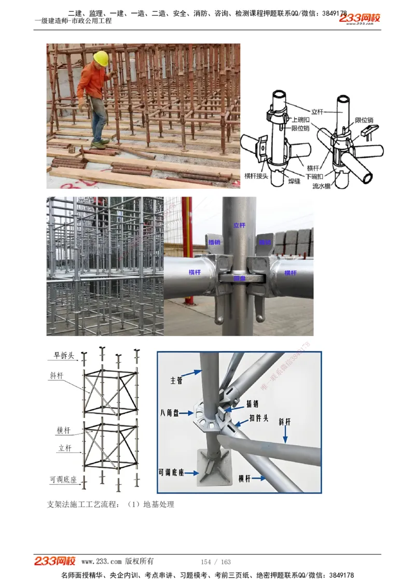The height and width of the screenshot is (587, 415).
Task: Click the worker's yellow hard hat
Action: point(101,58)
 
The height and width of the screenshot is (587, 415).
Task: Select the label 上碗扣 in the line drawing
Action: point(301,119)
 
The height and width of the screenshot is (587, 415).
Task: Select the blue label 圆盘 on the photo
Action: point(239,278)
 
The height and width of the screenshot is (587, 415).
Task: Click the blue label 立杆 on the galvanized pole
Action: point(239,226)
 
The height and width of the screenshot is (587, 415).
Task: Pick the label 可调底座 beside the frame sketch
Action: point(63,480)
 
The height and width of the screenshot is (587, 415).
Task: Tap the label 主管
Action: point(176,381)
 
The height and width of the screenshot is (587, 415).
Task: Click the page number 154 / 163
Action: point(215,562)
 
